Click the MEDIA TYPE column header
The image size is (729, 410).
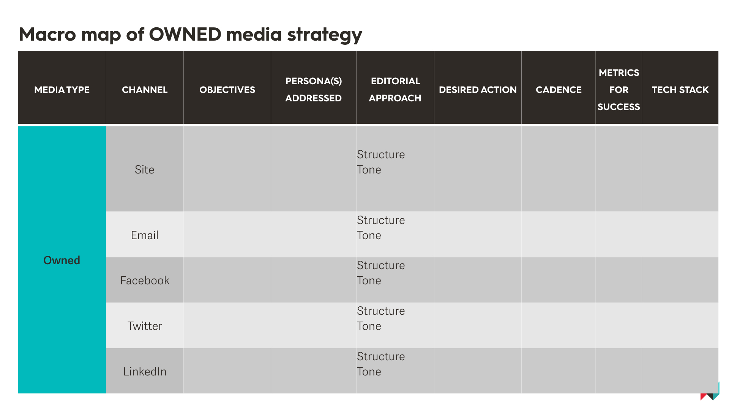pyautogui.click(x=62, y=90)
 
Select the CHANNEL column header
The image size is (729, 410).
pyautogui.click(x=145, y=90)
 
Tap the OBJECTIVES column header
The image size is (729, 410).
pyautogui.click(x=227, y=90)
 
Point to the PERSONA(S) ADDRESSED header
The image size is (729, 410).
pyautogui.click(x=314, y=90)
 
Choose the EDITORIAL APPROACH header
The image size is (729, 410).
pyautogui.click(x=395, y=90)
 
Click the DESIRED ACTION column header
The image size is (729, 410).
pyautogui.click(x=478, y=90)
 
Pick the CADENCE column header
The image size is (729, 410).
pyautogui.click(x=559, y=90)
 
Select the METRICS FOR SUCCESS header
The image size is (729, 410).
pyautogui.click(x=619, y=90)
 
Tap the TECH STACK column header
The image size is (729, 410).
pyautogui.click(x=680, y=90)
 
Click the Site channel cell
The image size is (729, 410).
pyautogui.click(x=145, y=170)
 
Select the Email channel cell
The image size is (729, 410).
pyautogui.click(x=145, y=235)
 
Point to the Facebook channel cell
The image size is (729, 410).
pyautogui.click(x=145, y=281)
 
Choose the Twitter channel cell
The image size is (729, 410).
pyautogui.click(x=145, y=326)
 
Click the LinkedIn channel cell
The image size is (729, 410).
pyautogui.click(x=145, y=372)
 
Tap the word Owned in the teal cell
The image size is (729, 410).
pyautogui.click(x=62, y=260)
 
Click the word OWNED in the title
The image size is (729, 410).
pyautogui.click(x=185, y=34)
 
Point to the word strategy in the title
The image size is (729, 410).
pyautogui.click(x=325, y=35)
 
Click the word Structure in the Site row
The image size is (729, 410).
pyautogui.click(x=381, y=155)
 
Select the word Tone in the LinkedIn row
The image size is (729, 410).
pyautogui.click(x=369, y=372)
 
